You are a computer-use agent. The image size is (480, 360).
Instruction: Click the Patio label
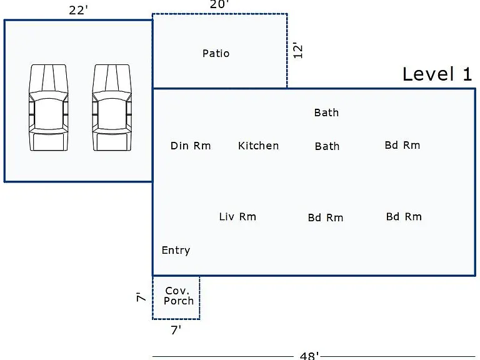tap(216, 54)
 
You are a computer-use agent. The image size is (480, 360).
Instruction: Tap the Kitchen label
tap(258, 146)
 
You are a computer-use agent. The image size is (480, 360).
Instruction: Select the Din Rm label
tap(191, 146)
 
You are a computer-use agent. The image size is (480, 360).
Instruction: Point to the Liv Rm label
tap(237, 217)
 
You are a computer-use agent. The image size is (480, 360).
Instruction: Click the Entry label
tap(176, 251)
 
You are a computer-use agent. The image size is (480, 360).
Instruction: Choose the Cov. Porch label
tap(179, 296)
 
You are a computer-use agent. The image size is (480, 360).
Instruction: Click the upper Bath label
tap(326, 112)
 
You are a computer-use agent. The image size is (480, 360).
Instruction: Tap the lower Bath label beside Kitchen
tap(327, 146)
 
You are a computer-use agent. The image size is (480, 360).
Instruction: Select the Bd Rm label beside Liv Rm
tap(326, 217)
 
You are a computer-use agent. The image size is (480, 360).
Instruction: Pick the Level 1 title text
tap(437, 74)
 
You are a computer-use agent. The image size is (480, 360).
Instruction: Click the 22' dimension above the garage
tap(78, 11)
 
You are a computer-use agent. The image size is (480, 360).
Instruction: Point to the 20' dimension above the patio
tap(219, 4)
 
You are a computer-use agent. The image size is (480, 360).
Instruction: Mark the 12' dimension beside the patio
tap(298, 51)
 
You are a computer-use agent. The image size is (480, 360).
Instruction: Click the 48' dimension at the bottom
tap(309, 356)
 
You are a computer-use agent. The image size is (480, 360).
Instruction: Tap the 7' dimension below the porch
tap(176, 330)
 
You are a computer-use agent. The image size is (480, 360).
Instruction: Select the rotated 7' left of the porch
tap(141, 297)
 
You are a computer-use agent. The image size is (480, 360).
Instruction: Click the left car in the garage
tap(48, 107)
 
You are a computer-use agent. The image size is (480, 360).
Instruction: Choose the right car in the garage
tap(112, 107)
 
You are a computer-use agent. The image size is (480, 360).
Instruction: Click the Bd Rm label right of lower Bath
tap(402, 145)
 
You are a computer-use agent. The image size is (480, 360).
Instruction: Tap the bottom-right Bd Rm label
tap(404, 217)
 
